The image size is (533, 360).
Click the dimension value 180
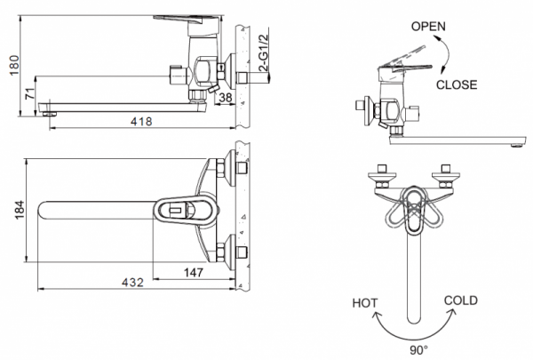(11, 65)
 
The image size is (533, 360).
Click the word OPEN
(428, 26)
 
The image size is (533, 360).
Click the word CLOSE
(457, 85)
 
